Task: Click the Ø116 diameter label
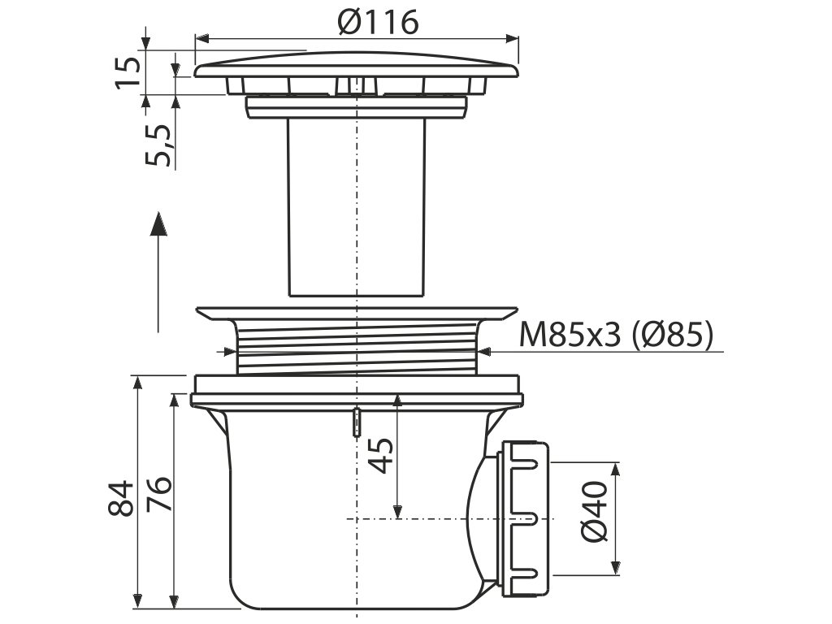coord(378,22)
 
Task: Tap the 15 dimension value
coord(128,71)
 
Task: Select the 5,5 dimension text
coord(158,145)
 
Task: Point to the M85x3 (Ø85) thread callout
coord(616,335)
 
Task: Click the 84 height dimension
coord(121,498)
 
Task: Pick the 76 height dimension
coord(159,494)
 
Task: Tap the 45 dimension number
coord(381,455)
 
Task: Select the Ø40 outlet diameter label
coord(594,512)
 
